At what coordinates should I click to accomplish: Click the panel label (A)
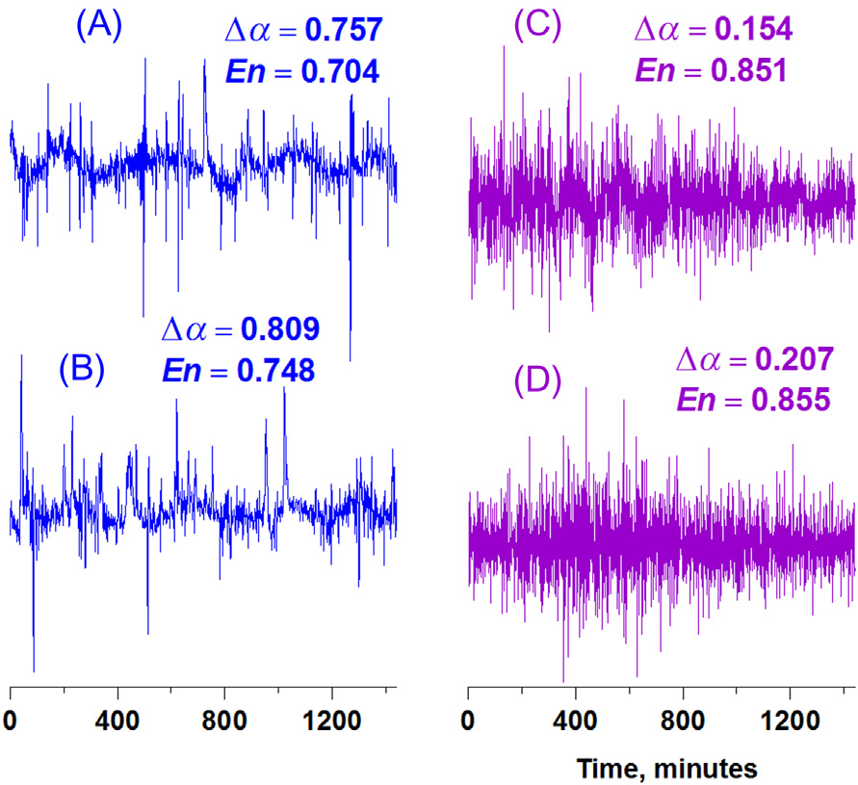pyautogui.click(x=100, y=26)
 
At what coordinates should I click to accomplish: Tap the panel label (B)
pyautogui.click(x=80, y=370)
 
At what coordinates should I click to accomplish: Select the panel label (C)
pyautogui.click(x=538, y=26)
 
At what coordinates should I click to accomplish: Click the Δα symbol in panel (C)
pyautogui.click(x=655, y=30)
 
